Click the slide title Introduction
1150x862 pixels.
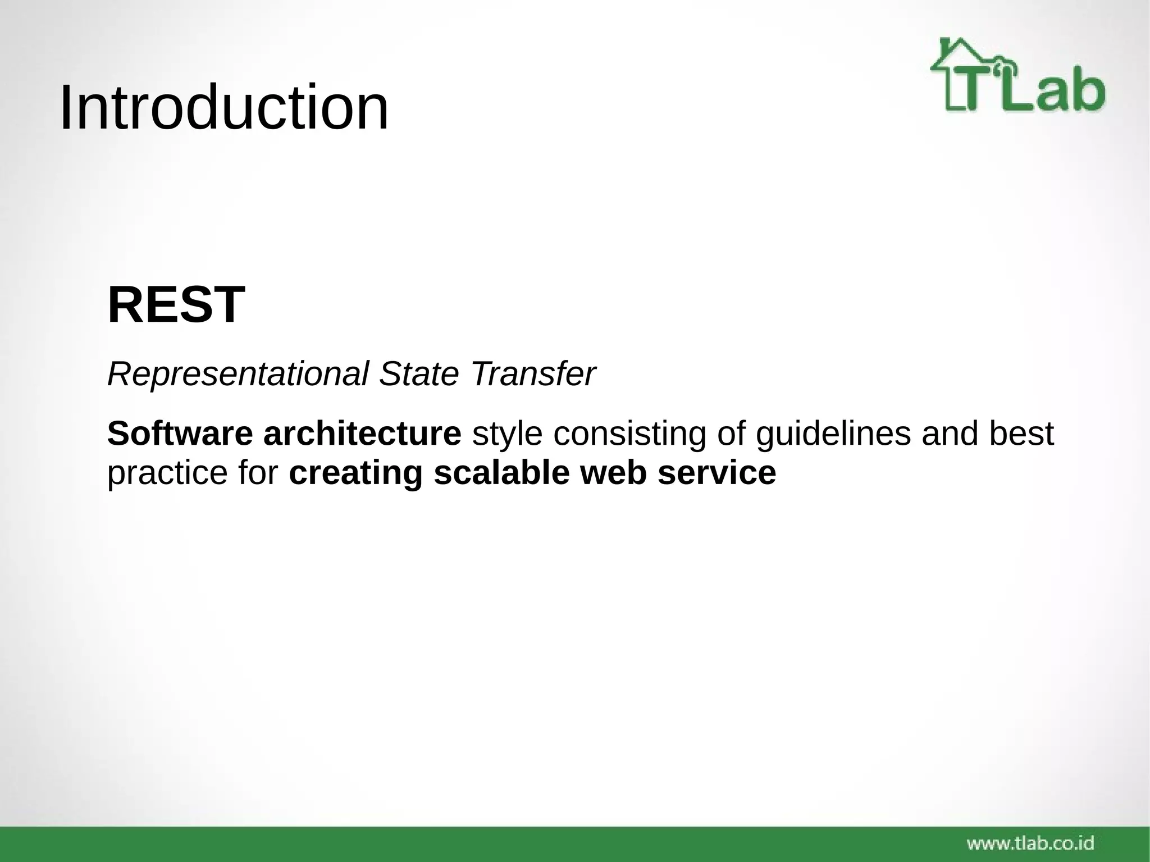point(223,107)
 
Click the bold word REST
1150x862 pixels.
point(176,305)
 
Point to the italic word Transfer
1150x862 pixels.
point(533,374)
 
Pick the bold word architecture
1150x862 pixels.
point(362,434)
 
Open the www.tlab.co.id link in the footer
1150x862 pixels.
point(1030,842)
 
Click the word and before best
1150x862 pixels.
point(948,434)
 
